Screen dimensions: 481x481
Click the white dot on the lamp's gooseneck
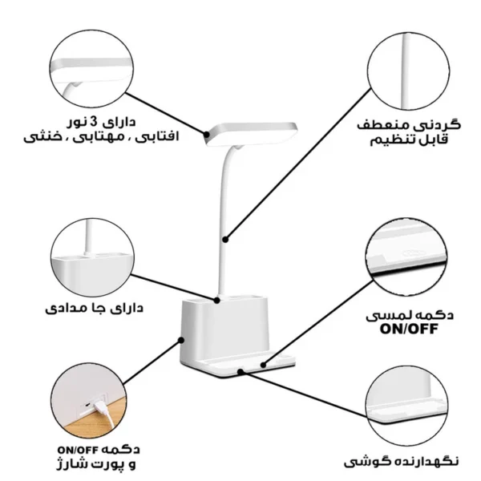pyautogui.click(x=227, y=238)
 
